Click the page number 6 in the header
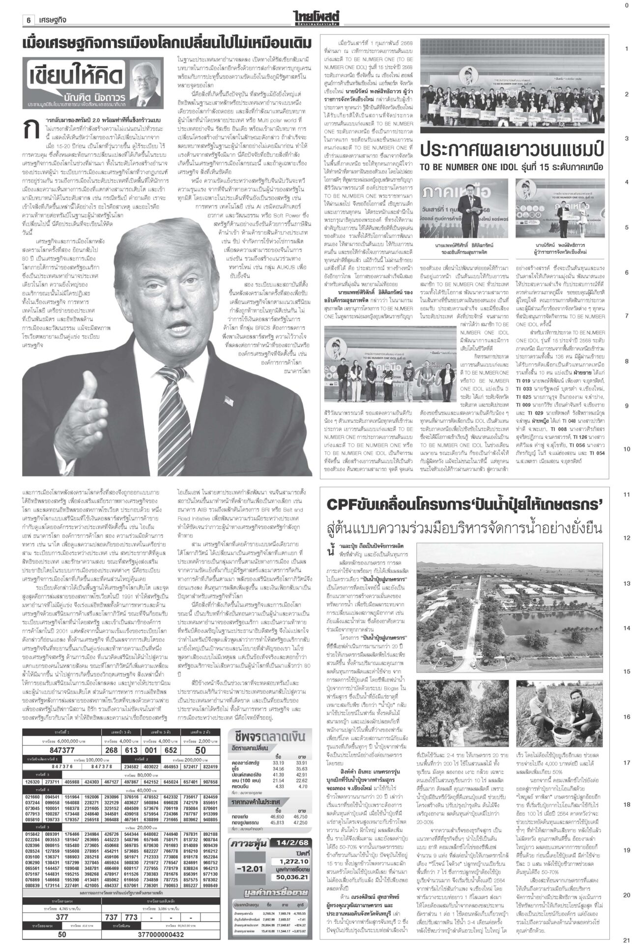tap(29, 20)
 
